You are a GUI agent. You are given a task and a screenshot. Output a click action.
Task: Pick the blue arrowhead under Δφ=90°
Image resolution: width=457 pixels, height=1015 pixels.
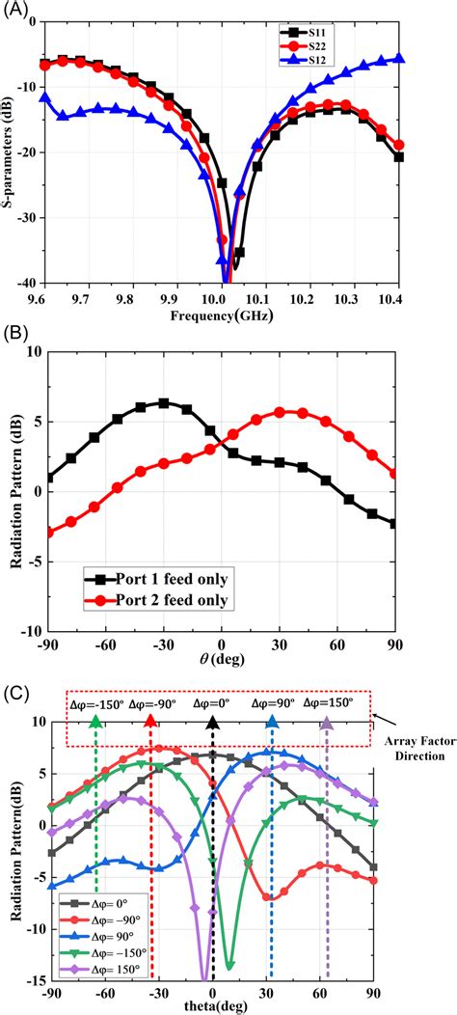273,723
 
